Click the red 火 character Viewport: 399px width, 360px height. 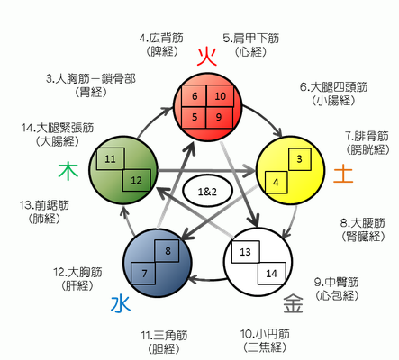[207, 57]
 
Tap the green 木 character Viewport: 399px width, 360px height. [68, 171]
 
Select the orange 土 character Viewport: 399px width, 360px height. [343, 174]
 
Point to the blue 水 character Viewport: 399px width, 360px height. [121, 303]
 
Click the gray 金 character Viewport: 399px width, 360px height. [293, 303]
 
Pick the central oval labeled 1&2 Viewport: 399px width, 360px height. [207, 191]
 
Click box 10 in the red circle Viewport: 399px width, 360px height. [220, 96]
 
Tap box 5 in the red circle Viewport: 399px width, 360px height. [194, 117]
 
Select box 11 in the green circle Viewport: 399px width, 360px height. [110, 158]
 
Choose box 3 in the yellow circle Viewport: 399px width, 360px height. [300, 159]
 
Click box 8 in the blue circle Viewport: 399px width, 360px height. [167, 251]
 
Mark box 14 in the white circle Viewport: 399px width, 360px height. [272, 274]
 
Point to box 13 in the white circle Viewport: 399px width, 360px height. [245, 252]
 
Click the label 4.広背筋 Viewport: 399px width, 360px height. [161, 39]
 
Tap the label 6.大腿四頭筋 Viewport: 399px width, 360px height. [333, 87]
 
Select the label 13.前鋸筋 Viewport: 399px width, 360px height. [44, 205]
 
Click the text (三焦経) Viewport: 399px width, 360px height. [265, 347]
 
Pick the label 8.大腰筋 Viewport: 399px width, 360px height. [363, 223]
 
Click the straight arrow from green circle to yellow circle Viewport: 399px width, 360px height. [206, 171]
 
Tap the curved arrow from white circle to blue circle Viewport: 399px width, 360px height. [208, 281]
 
